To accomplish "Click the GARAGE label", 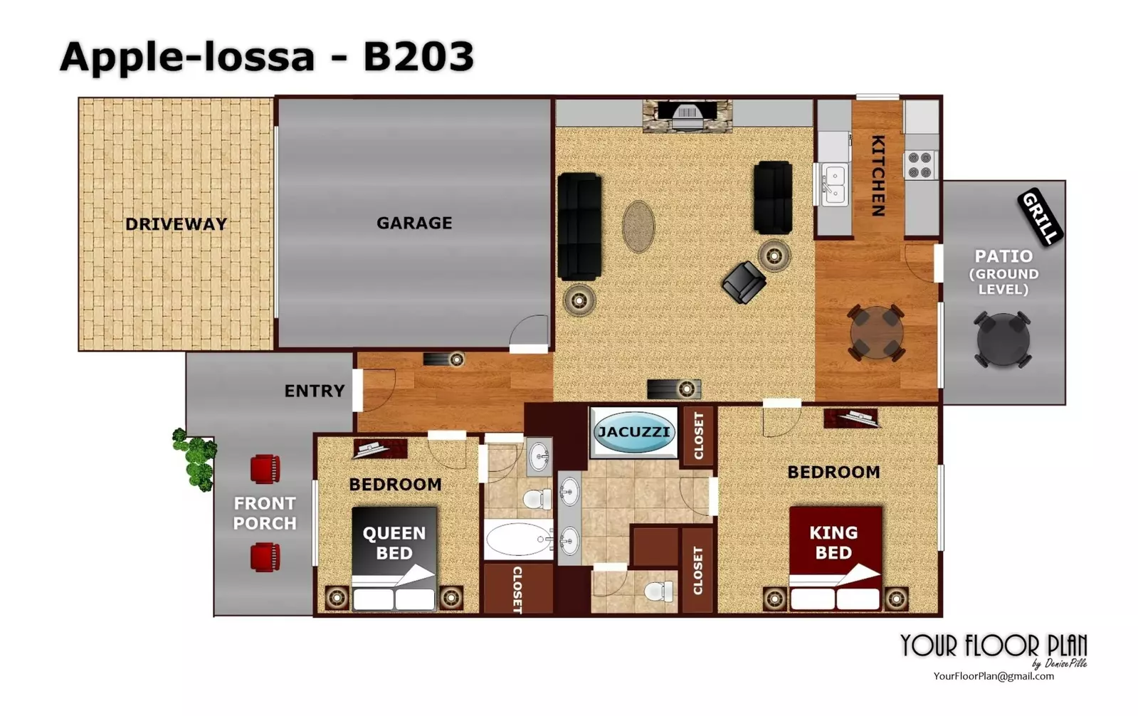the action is coord(414,223).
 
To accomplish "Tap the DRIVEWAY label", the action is coord(176,224).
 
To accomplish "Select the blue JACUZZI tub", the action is coord(633,432).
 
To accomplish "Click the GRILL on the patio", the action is coord(1040,218).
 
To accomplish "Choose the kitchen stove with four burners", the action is coord(920,165).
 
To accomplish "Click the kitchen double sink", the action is coord(834,184).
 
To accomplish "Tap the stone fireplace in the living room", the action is coord(687,116).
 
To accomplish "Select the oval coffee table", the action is coord(638,226).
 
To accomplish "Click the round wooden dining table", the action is coord(876,333).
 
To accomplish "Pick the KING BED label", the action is coord(833,542).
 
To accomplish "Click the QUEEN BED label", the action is coord(394,543).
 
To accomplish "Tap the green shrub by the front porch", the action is coord(194,459).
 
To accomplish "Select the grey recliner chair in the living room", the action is coord(744,282).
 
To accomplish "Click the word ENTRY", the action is coord(315,391).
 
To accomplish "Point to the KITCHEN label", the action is coord(878,176).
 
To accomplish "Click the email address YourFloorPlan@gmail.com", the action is coord(994,676).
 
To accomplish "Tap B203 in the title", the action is coord(418,56).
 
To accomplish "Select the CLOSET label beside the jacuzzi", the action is coord(699,436).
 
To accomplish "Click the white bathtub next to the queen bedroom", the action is coord(518,539).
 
